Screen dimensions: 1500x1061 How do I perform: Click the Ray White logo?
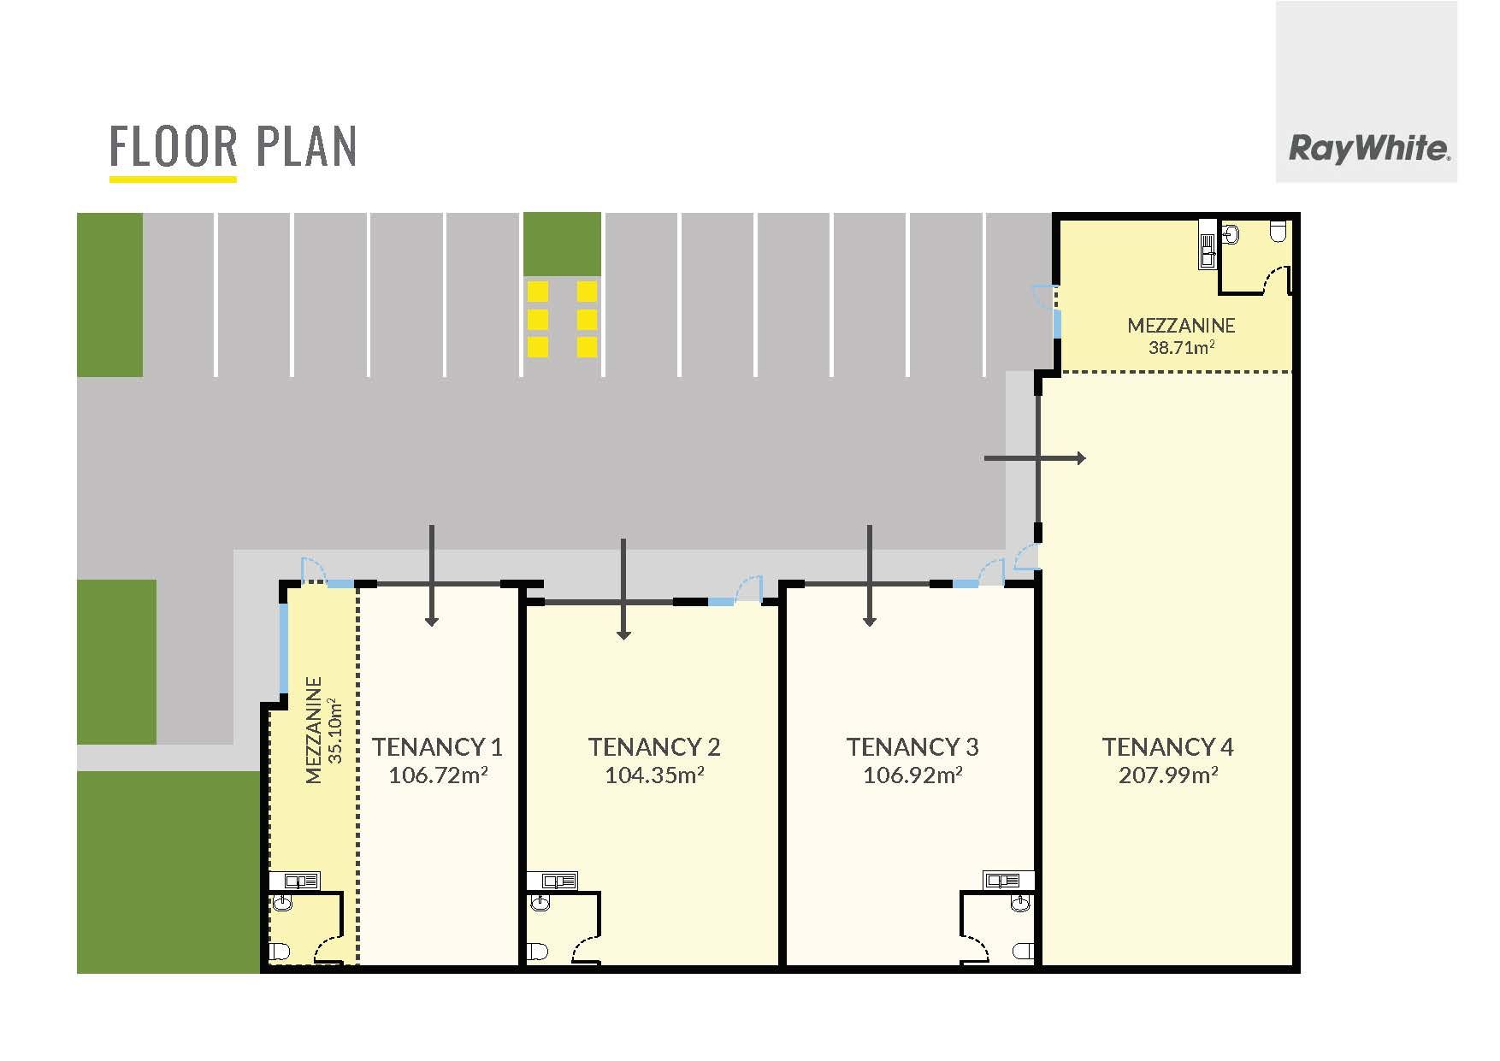1368,150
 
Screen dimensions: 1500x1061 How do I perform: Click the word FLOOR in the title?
174,147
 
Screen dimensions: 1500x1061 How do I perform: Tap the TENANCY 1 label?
437,747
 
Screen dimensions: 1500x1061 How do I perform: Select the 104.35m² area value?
654,775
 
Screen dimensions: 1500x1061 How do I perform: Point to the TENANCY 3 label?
912,747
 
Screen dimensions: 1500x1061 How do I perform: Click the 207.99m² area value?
1168,775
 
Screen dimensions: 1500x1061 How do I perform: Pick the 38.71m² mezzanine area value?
1181,347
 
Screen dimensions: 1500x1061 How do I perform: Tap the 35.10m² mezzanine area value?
335,731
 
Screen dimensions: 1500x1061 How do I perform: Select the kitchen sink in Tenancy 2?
552,881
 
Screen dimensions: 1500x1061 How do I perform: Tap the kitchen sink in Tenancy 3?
1009,881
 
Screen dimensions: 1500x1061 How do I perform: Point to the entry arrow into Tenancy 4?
1035,458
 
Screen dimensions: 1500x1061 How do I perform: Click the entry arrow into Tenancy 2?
623,589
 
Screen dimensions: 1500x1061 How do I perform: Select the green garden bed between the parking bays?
562,244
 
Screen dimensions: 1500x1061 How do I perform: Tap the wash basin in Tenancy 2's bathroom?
540,903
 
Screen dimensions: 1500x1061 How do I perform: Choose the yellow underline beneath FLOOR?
173,179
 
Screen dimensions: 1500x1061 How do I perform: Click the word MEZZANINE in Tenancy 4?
1181,325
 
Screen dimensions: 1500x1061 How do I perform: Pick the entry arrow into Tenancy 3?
870,575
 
